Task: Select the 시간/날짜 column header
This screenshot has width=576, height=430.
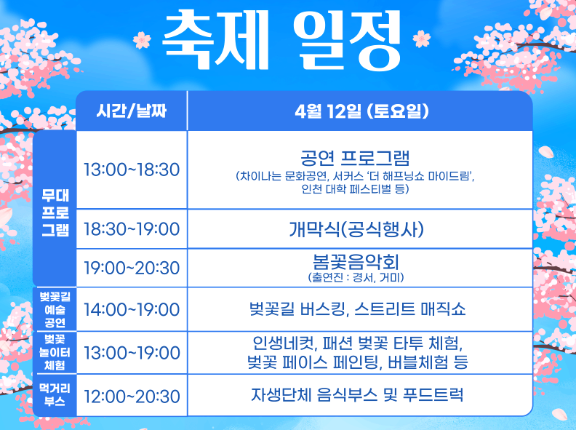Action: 132,111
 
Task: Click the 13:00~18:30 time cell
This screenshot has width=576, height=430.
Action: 132,170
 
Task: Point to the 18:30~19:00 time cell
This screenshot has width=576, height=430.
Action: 132,229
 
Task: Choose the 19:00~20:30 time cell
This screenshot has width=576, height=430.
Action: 132,268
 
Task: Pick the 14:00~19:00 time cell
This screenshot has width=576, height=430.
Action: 132,309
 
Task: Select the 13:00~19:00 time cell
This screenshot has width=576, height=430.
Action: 132,353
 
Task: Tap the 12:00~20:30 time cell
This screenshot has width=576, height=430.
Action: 132,397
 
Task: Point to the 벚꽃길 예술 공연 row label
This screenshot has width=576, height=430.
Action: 55,309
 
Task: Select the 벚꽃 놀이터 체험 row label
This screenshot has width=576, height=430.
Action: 55,353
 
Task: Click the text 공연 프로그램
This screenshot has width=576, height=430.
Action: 356,158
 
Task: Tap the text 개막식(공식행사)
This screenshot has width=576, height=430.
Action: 356,229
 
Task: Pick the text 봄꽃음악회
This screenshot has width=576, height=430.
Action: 356,261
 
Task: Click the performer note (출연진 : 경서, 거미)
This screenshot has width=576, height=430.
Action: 356,277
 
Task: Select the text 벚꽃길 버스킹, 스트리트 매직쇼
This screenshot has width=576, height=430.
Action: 356,309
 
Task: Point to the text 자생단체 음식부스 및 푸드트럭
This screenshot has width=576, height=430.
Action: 356,396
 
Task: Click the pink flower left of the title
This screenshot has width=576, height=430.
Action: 142,39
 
